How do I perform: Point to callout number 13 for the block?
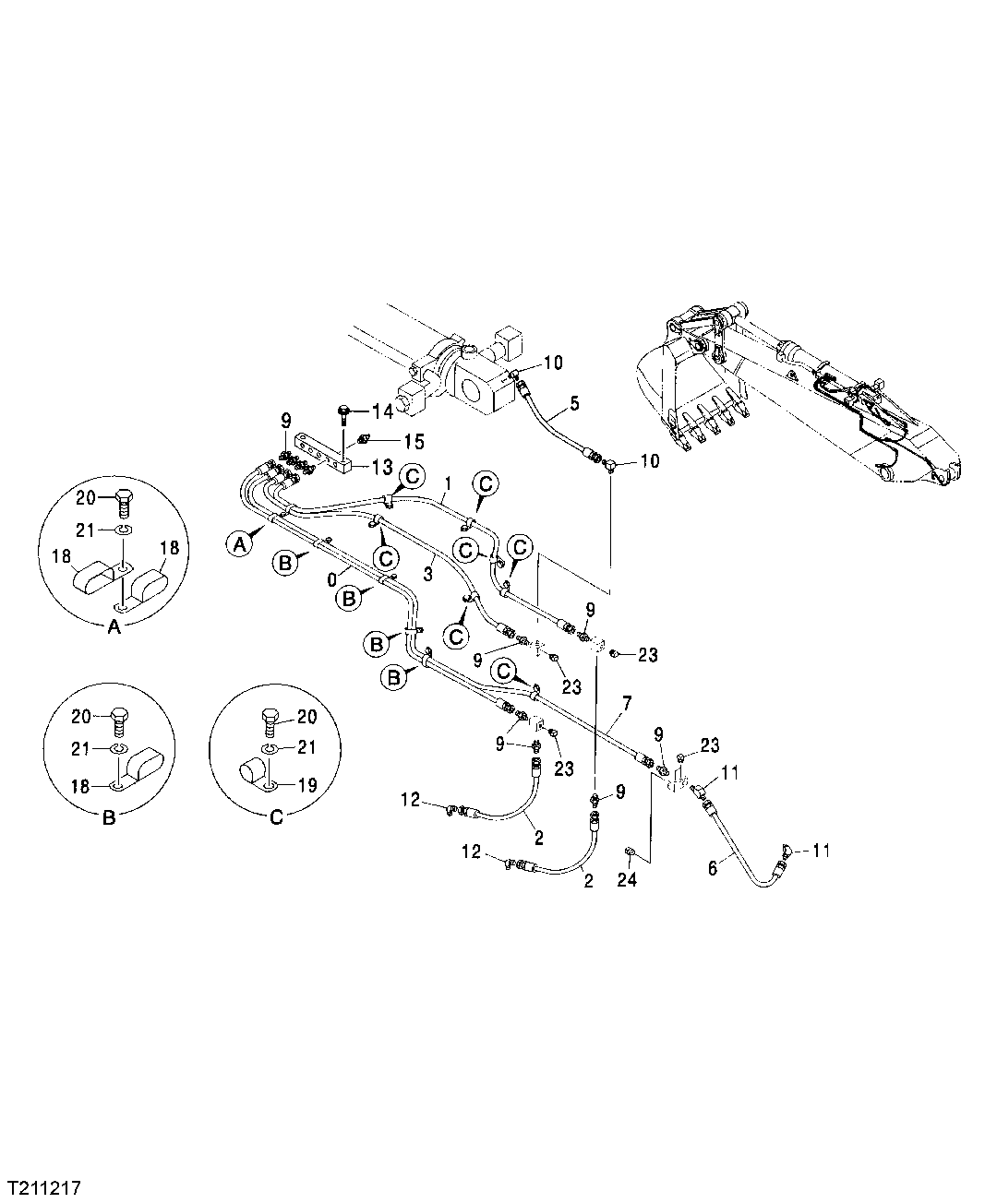coord(382,465)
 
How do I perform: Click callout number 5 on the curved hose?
coord(574,403)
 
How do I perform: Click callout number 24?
coord(628,881)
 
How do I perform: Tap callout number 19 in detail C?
coord(307,786)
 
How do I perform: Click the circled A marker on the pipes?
coord(240,545)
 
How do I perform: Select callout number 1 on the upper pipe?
coord(448,482)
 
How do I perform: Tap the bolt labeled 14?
coord(343,410)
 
